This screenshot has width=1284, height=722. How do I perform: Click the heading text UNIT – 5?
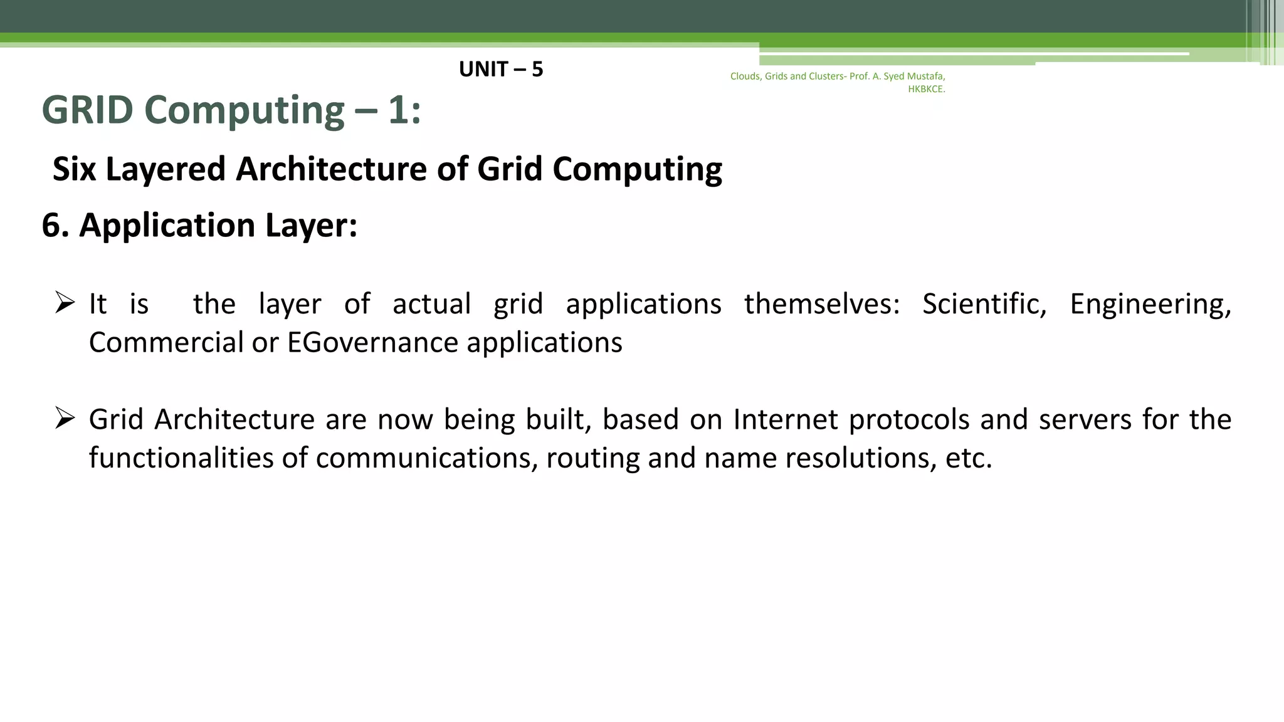500,69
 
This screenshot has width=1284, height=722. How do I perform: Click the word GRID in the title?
87,110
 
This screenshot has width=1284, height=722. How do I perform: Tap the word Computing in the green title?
244,110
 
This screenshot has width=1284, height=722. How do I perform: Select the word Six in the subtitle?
74,169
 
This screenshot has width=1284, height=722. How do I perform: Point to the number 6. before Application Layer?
55,225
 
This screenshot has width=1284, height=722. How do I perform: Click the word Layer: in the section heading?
311,225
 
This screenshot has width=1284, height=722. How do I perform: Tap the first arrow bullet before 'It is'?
65,303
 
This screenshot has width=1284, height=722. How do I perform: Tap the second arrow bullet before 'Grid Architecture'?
65,418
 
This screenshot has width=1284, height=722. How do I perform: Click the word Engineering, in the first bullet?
1150,304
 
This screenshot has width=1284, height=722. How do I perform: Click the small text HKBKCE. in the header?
926,89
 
